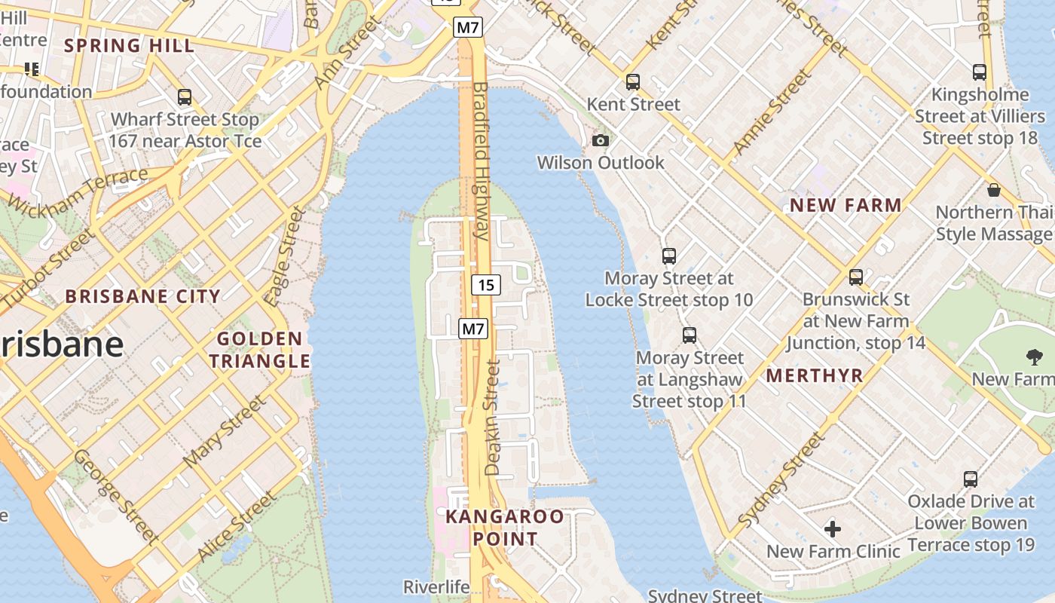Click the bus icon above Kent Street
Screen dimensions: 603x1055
pos(633,81)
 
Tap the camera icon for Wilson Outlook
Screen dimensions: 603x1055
pos(601,140)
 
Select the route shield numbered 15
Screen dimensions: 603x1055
pos(486,285)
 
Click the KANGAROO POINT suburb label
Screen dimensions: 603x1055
pos(505,528)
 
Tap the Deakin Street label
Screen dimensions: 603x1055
pos(493,418)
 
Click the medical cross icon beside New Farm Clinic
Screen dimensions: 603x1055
pos(833,528)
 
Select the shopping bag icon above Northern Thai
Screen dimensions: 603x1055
pos(994,189)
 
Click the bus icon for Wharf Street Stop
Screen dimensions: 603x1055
pos(185,97)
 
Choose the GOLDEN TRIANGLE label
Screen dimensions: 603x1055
pos(260,350)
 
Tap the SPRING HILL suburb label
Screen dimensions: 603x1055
pos(129,45)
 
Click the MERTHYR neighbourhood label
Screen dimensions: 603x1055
pos(815,375)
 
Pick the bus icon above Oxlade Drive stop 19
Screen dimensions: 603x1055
pos(971,479)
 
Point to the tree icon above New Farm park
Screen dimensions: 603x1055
pos(1034,357)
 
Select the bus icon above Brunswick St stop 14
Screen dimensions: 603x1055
pos(856,277)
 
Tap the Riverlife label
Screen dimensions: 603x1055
pos(436,586)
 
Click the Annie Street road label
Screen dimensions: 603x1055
pos(773,112)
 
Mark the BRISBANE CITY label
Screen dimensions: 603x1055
pos(143,295)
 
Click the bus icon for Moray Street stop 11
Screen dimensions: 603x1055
pos(690,335)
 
